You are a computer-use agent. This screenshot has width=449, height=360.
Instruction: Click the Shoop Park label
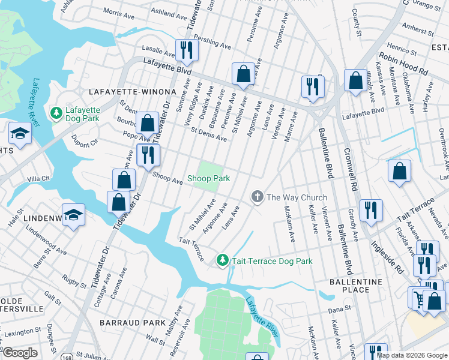point(208,178)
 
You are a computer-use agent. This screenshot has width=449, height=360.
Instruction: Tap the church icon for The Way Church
point(258,197)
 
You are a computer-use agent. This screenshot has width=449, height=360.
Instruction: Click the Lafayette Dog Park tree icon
point(56,113)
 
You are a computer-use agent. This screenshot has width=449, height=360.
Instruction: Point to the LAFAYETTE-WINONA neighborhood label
point(133,92)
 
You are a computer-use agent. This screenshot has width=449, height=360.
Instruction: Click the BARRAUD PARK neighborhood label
point(133,322)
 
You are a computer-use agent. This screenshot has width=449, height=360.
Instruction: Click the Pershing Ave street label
point(212,41)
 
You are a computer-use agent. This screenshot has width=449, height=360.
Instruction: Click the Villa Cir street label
point(38,179)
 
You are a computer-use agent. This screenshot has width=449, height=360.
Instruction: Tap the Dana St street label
point(339,309)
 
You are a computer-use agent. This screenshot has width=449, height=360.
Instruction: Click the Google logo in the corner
point(21,353)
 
